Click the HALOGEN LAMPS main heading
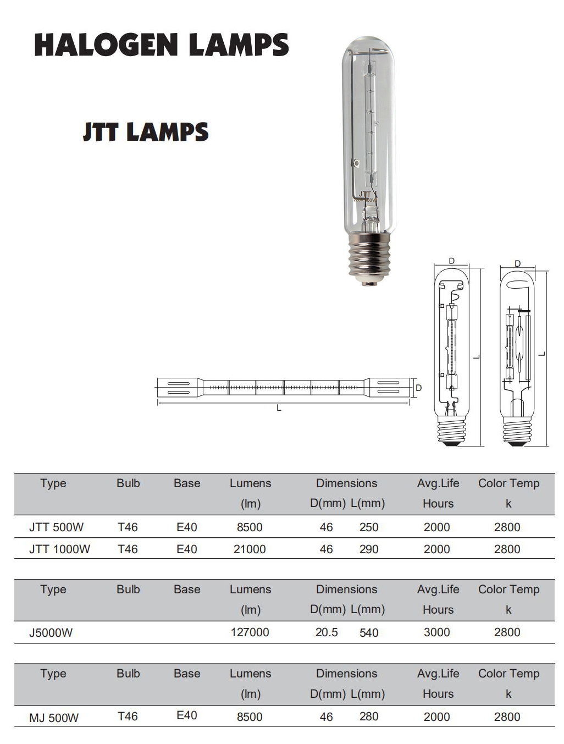tap(161, 45)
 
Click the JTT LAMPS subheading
tap(146, 133)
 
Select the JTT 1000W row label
tap(59, 549)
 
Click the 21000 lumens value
tap(250, 549)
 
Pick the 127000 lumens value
tap(250, 632)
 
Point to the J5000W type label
tap(51, 632)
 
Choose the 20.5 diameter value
tap(327, 632)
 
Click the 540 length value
tap(369, 633)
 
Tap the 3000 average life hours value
tap(436, 632)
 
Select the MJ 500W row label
tap(54, 718)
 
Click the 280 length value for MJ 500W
tap(369, 717)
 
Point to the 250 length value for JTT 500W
tap(369, 527)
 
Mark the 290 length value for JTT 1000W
tap(369, 549)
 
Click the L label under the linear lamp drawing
tap(279, 408)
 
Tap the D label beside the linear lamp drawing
tap(419, 388)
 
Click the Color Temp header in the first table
tap(508, 483)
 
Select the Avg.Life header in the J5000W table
tap(438, 589)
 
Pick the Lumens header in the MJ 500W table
tap(250, 674)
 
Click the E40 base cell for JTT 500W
tap(187, 527)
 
